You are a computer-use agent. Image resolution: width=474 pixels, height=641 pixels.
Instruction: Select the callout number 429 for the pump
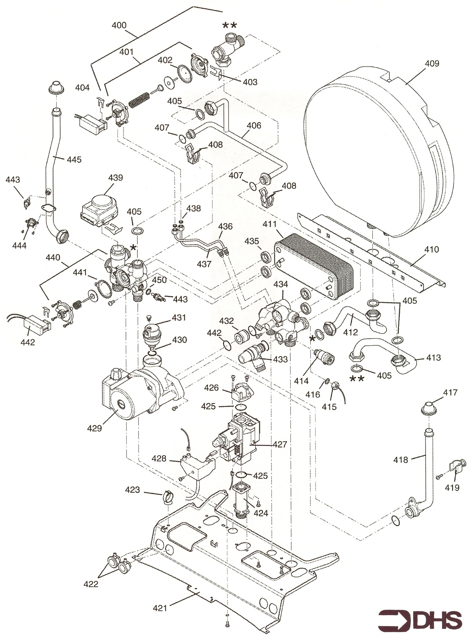point(94,429)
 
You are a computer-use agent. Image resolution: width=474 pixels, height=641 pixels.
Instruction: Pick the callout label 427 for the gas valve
point(280,444)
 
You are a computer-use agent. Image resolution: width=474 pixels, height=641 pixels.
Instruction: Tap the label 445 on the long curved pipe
point(74,160)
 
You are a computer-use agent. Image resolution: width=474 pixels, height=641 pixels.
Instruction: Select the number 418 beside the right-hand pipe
point(401,460)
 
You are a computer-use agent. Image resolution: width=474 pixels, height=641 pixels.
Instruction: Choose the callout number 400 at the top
point(119,26)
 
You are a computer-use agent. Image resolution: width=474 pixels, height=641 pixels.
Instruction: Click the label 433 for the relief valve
point(280,359)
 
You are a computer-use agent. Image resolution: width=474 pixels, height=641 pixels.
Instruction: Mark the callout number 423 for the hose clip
point(132,489)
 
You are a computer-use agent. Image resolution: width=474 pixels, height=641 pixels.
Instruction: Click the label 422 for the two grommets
point(91,576)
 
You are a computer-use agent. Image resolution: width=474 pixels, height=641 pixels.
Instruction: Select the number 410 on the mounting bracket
point(432,249)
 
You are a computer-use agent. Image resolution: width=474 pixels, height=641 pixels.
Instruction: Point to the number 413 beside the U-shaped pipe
point(433,358)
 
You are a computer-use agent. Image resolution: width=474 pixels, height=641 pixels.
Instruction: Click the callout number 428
point(159,458)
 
